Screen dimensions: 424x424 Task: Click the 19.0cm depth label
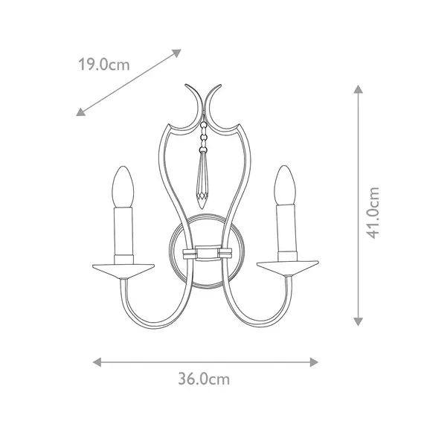104,65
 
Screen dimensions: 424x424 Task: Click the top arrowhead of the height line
358,89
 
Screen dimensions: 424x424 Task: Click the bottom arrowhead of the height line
358,321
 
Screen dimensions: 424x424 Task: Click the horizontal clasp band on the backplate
205,253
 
